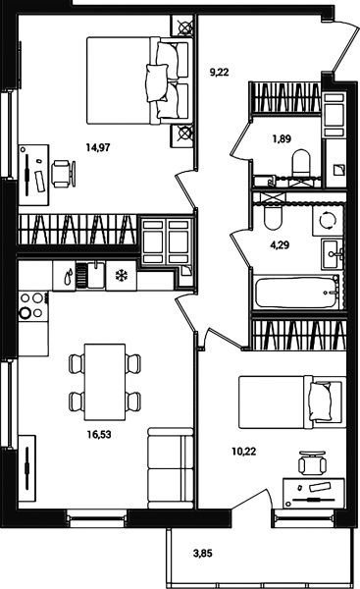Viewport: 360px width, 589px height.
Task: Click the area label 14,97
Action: pos(98,147)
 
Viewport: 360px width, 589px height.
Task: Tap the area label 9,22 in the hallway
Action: pos(219,72)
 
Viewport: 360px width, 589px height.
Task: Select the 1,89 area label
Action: pos(282,139)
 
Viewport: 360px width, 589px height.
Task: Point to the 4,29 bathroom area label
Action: pos(280,245)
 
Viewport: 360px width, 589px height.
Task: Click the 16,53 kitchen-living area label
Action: pos(99,435)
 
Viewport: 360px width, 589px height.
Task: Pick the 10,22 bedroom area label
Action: pos(244,452)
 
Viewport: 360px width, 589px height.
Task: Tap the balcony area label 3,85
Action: pos(203,553)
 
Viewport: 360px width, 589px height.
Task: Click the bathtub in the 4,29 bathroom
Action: pos(296,293)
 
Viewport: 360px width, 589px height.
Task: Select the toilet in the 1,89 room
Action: pos(301,163)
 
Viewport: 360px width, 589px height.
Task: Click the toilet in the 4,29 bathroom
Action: pos(273,217)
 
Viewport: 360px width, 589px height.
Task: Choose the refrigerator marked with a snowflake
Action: pos(122,276)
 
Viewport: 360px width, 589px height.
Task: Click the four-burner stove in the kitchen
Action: pos(33,305)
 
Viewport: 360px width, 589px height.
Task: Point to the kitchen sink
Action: pos(90,276)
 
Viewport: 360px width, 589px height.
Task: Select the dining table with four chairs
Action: pos(105,382)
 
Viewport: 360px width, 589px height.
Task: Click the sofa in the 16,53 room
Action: pos(171,468)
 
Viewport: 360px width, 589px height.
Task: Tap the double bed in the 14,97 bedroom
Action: pos(137,80)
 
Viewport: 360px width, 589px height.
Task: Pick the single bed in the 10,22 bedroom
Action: pos(292,402)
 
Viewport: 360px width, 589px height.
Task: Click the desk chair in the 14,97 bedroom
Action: pos(63,174)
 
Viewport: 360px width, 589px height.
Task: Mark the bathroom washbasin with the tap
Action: pos(332,253)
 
